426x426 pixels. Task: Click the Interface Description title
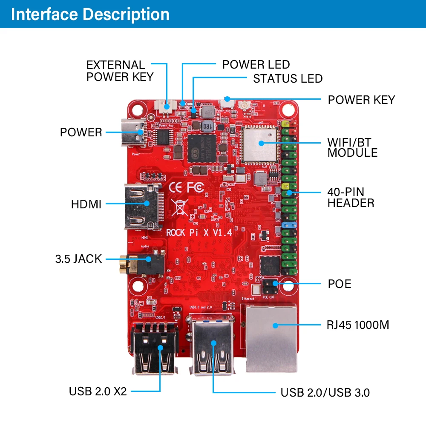click(x=90, y=14)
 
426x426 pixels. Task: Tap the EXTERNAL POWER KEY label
click(x=120, y=71)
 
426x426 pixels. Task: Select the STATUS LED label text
click(x=288, y=79)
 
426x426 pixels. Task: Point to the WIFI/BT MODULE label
click(x=352, y=147)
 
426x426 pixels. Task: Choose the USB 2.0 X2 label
click(x=98, y=391)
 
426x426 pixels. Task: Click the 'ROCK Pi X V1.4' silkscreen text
click(x=199, y=233)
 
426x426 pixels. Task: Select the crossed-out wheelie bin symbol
click(x=180, y=207)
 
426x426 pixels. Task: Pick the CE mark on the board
click(x=178, y=187)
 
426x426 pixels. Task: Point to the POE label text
click(x=340, y=284)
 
